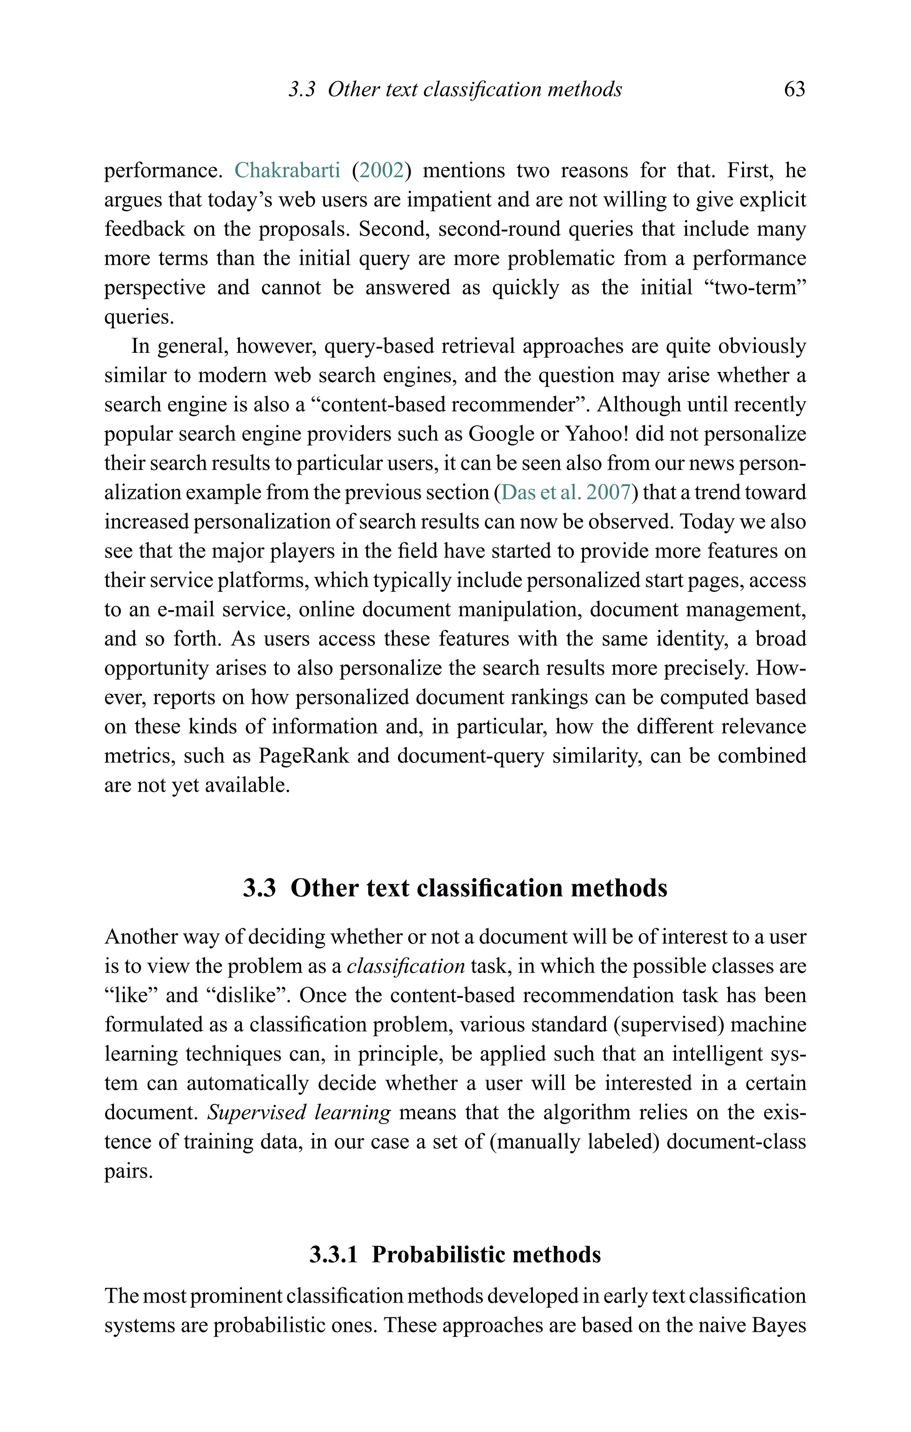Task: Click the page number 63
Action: coord(794,89)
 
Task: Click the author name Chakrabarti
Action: coord(287,171)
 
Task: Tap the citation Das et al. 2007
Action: coord(565,492)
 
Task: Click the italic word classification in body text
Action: coord(406,966)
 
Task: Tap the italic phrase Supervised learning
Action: coord(299,1112)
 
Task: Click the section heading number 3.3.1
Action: coord(334,1255)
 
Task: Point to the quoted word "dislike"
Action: coord(251,995)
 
